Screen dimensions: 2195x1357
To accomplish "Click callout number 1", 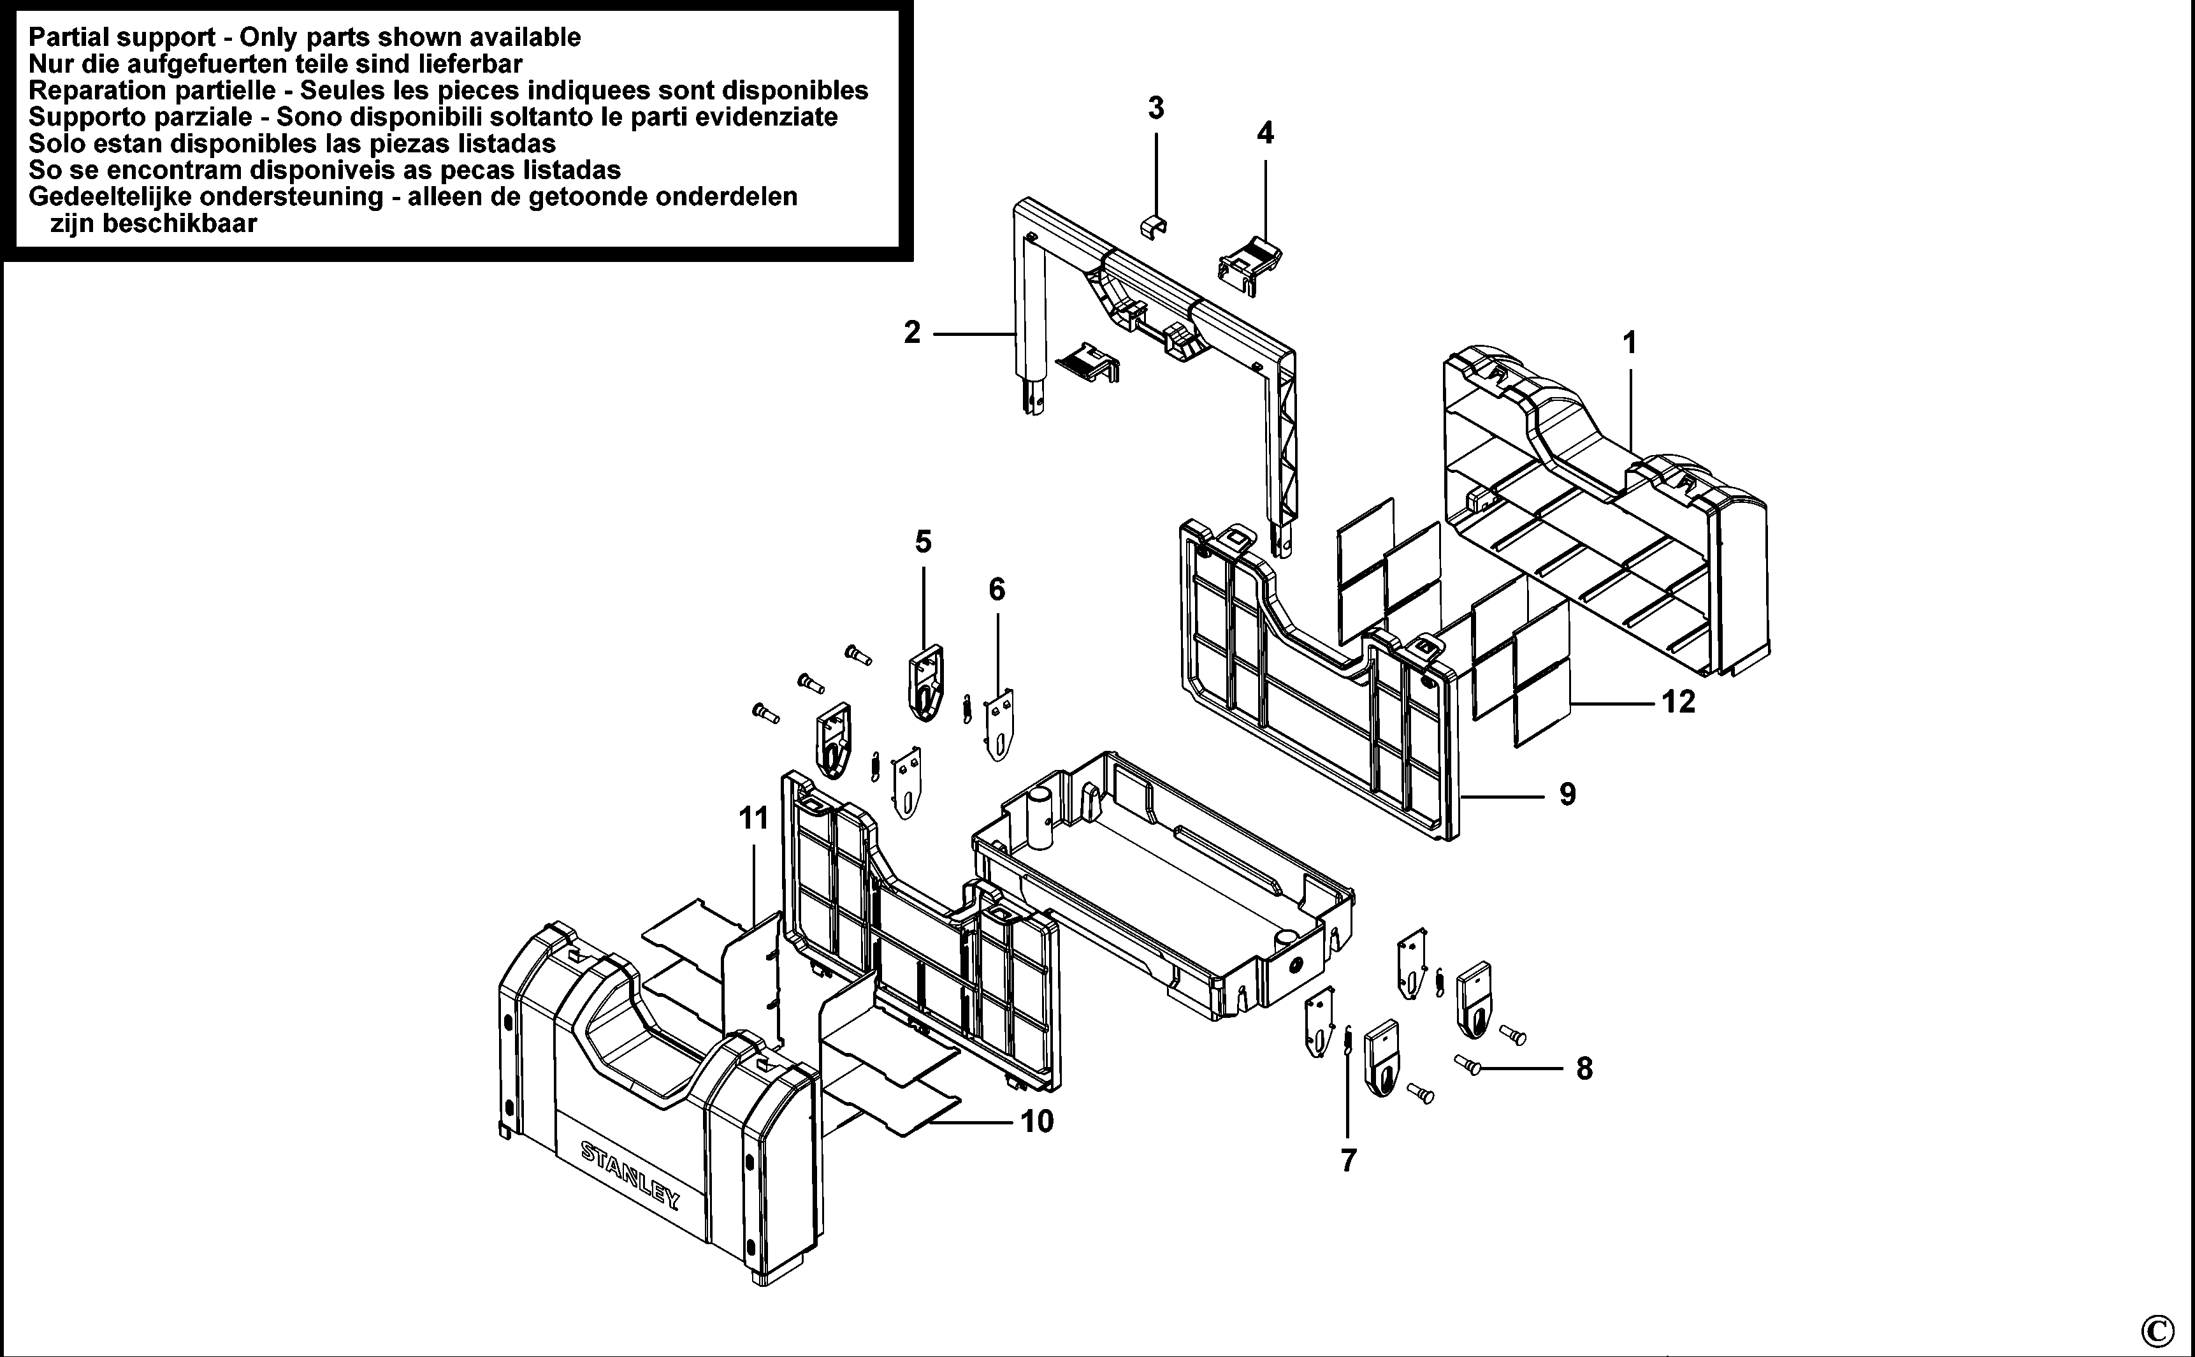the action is pos(1630,343).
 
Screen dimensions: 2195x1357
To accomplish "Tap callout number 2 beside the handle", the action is pos(912,333).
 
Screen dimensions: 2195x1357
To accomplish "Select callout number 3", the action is pos(1156,108).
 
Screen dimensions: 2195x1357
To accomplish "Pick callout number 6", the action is pos(997,590).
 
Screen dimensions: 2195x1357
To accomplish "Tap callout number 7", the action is pos(1348,1161).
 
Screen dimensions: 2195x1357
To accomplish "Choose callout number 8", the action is pos(1584,1069).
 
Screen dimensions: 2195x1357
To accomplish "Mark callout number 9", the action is pos(1567,794).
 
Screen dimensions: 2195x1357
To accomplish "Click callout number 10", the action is pos(1038,1121).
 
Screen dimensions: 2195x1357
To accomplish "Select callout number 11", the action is pos(754,818).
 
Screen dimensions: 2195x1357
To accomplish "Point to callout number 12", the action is pos(1678,702).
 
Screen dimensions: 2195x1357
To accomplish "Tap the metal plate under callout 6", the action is pos(1000,724).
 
